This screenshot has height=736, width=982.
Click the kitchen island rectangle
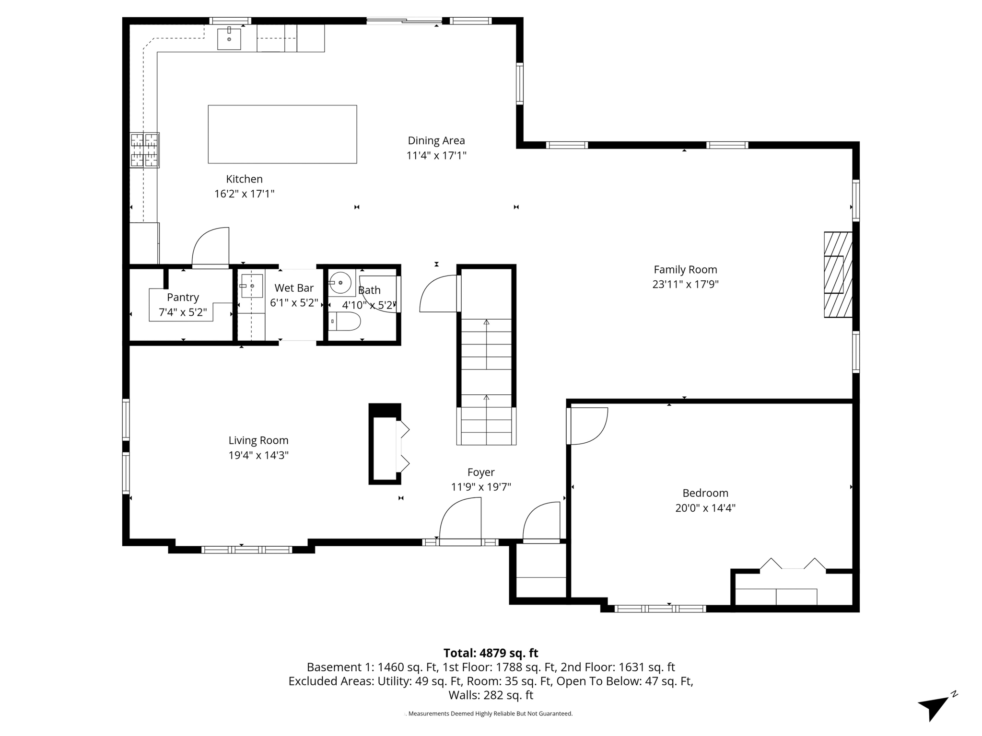tap(282, 134)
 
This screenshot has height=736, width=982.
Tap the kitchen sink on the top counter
tap(229, 39)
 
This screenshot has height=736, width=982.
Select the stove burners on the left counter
tap(144, 150)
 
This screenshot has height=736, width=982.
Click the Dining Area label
tap(436, 140)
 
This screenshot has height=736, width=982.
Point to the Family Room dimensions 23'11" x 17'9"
tap(685, 285)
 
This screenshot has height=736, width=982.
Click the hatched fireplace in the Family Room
tap(838, 275)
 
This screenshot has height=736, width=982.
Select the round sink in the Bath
tap(341, 283)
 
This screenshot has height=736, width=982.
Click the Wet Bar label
tap(294, 288)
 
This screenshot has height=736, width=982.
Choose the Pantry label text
tap(183, 298)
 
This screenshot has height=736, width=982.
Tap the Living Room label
tap(258, 440)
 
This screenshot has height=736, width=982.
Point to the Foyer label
tap(481, 472)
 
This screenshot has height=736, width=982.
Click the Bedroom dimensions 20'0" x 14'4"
tap(705, 508)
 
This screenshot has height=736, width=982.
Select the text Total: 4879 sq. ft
tap(491, 653)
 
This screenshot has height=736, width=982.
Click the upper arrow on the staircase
tap(486, 322)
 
